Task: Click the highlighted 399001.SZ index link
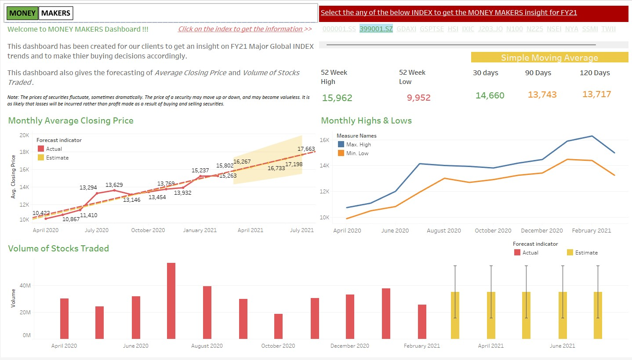coord(376,29)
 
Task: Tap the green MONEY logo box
coord(22,13)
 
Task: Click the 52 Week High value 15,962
coord(337,98)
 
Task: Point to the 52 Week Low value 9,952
coord(418,98)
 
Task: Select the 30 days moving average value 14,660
coord(490,95)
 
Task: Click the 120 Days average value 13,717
coord(596,94)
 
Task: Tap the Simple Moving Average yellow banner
coord(549,58)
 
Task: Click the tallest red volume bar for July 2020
coord(171,301)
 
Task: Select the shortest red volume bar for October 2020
coord(278,326)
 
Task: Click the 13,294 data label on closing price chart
coord(88,187)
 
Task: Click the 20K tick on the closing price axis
coord(24,135)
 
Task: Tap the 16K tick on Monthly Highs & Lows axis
coord(324,140)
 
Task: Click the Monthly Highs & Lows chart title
coord(366,120)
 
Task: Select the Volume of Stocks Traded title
coord(58,248)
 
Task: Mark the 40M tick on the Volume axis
coord(24,286)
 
